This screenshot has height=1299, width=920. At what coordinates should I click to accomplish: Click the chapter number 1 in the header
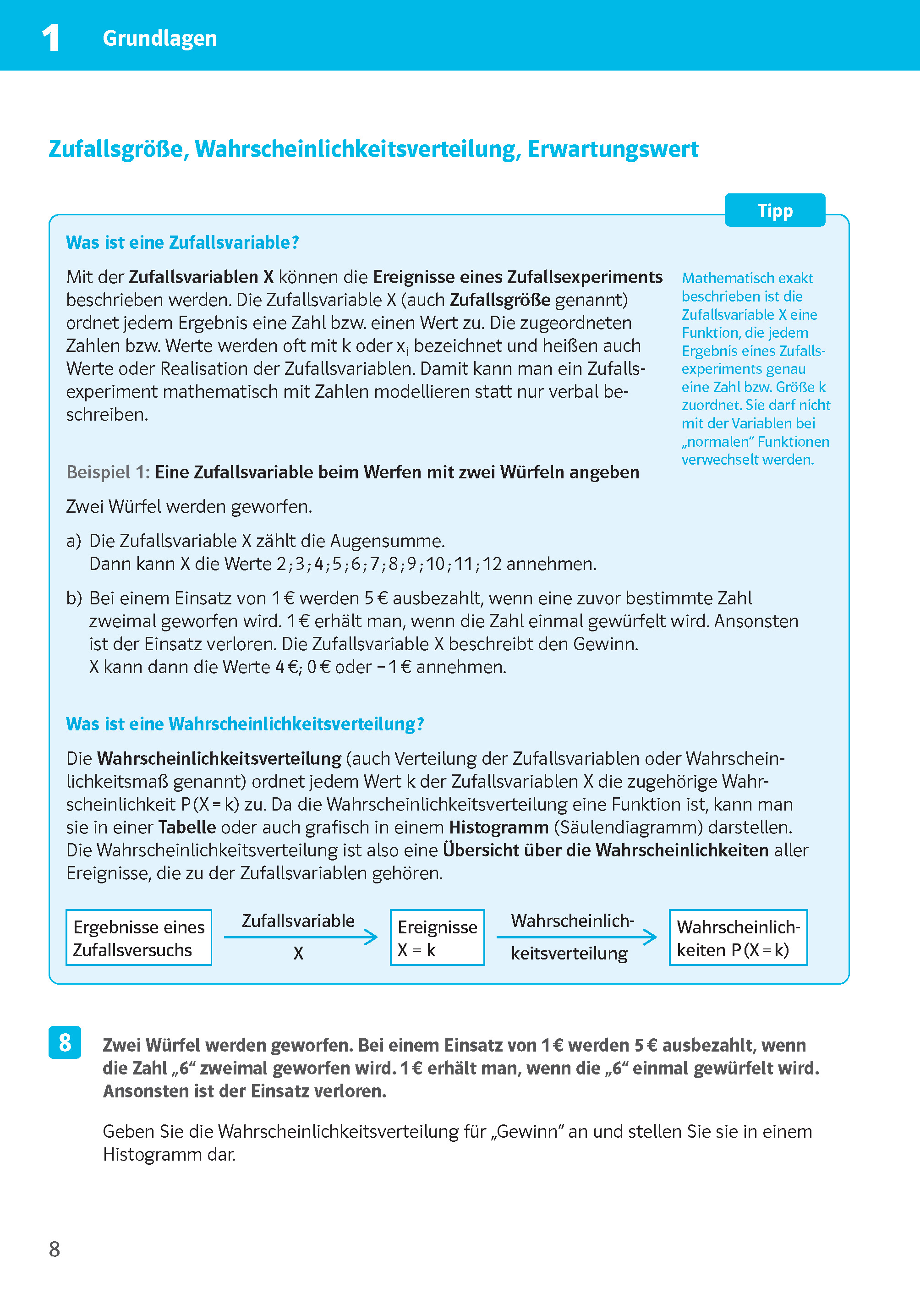pyautogui.click(x=51, y=38)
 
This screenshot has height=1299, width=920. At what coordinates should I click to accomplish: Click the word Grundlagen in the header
pyautogui.click(x=160, y=38)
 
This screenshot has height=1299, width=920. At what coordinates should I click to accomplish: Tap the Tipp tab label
pyautogui.click(x=774, y=211)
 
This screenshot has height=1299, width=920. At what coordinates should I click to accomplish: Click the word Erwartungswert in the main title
pyautogui.click(x=613, y=149)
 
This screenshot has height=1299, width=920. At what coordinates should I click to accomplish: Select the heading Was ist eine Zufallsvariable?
pyautogui.click(x=182, y=242)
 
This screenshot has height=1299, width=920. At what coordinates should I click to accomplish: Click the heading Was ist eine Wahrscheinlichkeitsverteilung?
pyautogui.click(x=245, y=724)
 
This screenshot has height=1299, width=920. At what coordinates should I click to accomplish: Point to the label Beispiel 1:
pyautogui.click(x=108, y=472)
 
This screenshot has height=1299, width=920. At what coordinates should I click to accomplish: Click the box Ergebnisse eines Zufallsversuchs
pyautogui.click(x=139, y=937)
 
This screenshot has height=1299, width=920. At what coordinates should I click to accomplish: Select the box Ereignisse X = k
pyautogui.click(x=437, y=937)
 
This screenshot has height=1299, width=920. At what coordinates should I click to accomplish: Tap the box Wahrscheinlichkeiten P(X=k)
pyautogui.click(x=738, y=937)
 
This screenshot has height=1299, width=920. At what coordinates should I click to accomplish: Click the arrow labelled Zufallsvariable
pyautogui.click(x=300, y=937)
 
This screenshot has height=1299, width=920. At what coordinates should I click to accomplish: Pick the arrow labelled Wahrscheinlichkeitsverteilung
pyautogui.click(x=575, y=937)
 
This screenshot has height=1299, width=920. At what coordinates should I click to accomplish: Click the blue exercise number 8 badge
pyautogui.click(x=65, y=1042)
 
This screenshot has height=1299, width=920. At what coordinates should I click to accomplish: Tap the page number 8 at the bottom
pyautogui.click(x=55, y=1249)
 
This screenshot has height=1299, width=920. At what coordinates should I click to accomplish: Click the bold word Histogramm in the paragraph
pyautogui.click(x=498, y=827)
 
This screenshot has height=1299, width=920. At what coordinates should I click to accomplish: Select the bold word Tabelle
pyautogui.click(x=187, y=827)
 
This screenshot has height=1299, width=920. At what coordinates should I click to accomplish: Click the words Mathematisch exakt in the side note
pyautogui.click(x=747, y=278)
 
